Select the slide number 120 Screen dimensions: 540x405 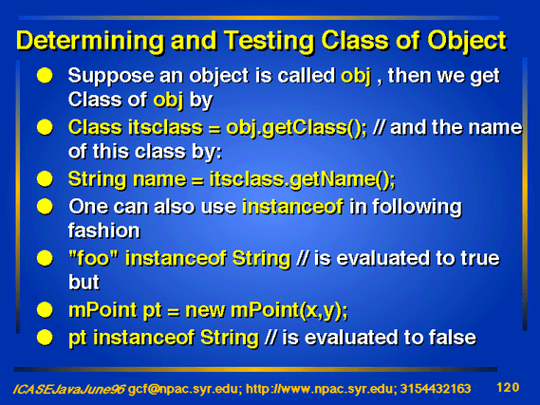(508, 387)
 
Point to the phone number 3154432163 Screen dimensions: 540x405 (436, 389)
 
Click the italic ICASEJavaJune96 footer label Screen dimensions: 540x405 (69, 389)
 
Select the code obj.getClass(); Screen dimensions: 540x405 (296, 128)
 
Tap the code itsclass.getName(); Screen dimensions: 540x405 (302, 179)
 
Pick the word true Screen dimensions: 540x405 (480, 258)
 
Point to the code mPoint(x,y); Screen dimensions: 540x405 (289, 311)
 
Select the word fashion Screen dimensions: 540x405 (104, 230)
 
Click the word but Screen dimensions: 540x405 (84, 282)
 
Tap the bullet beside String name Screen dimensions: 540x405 (45, 179)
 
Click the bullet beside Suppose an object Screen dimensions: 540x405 (45, 75)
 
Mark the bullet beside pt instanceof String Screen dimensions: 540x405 (45, 338)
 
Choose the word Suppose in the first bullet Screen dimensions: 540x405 (111, 77)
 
